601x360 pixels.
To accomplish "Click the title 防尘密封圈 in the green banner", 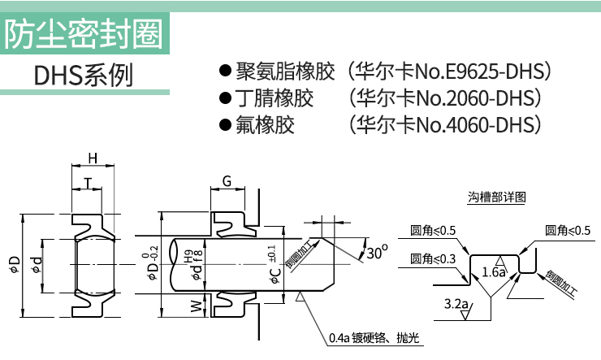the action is point(84,34).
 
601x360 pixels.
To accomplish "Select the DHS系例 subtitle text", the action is point(84,75).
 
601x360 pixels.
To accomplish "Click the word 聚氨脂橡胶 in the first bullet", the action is point(285,72).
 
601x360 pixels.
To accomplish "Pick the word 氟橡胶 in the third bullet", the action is point(266,125).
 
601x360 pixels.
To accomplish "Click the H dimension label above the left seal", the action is point(93,158).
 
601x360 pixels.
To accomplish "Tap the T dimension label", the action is point(89,183).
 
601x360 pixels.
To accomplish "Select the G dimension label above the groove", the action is point(227,181).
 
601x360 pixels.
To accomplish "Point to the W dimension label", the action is point(197,306).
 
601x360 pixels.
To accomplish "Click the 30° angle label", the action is point(377,252).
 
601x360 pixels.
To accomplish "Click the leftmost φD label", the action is point(14,265).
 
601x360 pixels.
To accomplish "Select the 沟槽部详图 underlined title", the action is point(496,197).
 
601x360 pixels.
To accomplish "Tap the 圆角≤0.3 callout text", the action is point(433,258).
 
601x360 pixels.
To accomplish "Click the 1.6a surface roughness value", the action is point(494,272).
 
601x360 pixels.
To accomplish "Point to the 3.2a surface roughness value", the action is point(456,304).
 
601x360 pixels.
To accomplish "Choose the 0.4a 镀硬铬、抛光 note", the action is point(374,338).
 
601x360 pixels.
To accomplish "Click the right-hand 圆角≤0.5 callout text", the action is point(568,231).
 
